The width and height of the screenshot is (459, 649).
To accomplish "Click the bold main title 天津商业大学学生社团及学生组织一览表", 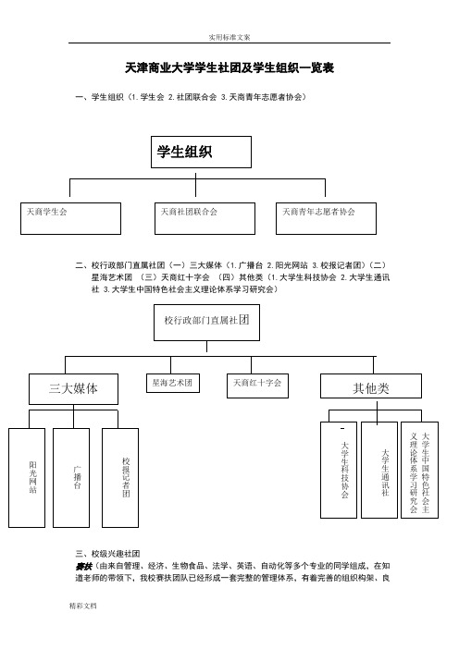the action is click(x=229, y=67).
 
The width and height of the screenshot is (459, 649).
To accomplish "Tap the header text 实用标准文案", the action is click(x=229, y=37).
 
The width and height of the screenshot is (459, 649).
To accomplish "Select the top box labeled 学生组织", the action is click(x=201, y=152).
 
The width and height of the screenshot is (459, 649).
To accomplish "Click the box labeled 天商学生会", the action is click(x=71, y=218).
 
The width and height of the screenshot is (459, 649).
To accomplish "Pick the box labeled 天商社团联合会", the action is click(x=205, y=218).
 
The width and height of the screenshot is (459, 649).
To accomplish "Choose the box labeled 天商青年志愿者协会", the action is click(x=326, y=218).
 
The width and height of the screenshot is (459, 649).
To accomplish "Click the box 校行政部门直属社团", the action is click(x=206, y=323).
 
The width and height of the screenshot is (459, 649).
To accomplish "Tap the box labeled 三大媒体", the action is click(x=73, y=389).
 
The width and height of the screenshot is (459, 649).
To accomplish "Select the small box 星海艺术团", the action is click(x=173, y=383).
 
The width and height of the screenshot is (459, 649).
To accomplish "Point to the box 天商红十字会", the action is click(x=257, y=386).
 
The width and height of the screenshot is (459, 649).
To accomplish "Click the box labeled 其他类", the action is click(x=371, y=386).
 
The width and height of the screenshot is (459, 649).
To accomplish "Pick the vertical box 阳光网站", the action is click(x=27, y=478).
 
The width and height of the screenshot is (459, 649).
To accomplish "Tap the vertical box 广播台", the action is click(x=71, y=478).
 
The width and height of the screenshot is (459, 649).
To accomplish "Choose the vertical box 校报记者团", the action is click(x=120, y=478).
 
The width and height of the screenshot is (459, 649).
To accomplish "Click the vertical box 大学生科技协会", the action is click(x=339, y=471).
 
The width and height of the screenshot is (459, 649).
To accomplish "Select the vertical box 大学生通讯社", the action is click(x=379, y=471).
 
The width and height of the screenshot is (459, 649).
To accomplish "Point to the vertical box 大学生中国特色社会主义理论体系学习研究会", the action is click(x=419, y=471).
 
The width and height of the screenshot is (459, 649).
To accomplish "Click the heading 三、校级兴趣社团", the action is click(x=107, y=554).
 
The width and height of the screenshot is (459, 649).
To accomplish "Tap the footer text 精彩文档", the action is click(x=83, y=606).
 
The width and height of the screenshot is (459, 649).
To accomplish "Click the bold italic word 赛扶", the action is click(x=83, y=566).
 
